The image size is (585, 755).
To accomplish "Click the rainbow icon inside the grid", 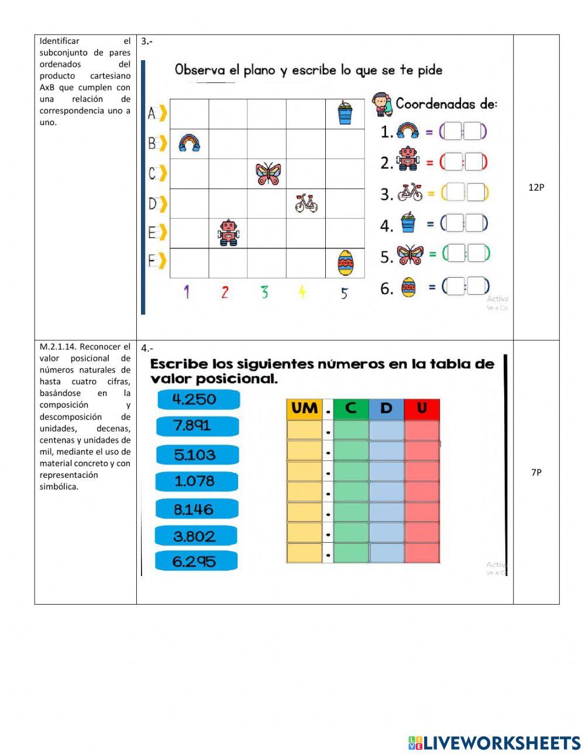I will pyautogui.click(x=189, y=143).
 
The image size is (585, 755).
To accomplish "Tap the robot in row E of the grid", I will pyautogui.click(x=228, y=233).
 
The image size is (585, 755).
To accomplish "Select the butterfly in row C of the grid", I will pyautogui.click(x=268, y=174).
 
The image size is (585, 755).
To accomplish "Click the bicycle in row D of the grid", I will pyautogui.click(x=306, y=203).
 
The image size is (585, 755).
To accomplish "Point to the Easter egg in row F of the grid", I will pyautogui.click(x=345, y=263).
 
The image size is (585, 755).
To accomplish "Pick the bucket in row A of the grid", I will pyautogui.click(x=345, y=113).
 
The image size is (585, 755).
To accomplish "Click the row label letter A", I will pyautogui.click(x=152, y=113).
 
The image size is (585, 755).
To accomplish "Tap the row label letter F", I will pyautogui.click(x=152, y=260).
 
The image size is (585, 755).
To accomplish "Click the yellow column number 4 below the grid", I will pyautogui.click(x=302, y=292).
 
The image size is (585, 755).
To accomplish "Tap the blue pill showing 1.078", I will pyautogui.click(x=196, y=481).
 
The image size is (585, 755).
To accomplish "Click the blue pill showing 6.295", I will pyautogui.click(x=195, y=561).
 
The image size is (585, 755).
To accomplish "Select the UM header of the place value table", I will pyautogui.click(x=304, y=408).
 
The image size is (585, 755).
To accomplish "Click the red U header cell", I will pyautogui.click(x=422, y=408).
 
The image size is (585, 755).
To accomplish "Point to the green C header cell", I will pyautogui.click(x=351, y=408).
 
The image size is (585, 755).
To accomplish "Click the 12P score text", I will pyautogui.click(x=536, y=188).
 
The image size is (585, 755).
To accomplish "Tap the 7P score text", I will pyautogui.click(x=536, y=473).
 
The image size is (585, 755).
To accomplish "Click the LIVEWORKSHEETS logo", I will pyautogui.click(x=494, y=743).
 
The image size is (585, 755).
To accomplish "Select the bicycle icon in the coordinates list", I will pyautogui.click(x=409, y=192).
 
